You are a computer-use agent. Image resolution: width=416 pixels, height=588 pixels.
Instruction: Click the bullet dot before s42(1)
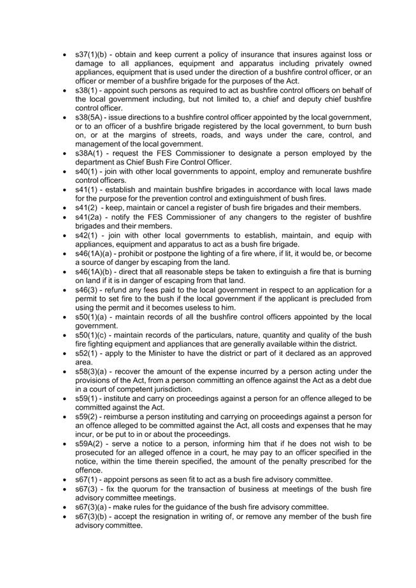click(66, 236)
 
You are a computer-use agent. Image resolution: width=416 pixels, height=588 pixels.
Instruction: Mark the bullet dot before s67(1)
click(66, 480)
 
